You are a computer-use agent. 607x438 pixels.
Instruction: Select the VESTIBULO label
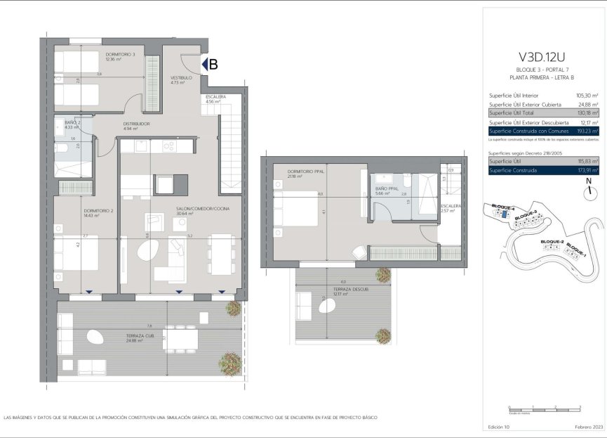(180, 78)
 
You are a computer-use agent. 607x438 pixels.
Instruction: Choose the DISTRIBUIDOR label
(136, 124)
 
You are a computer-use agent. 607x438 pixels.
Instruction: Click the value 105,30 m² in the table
(586, 95)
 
